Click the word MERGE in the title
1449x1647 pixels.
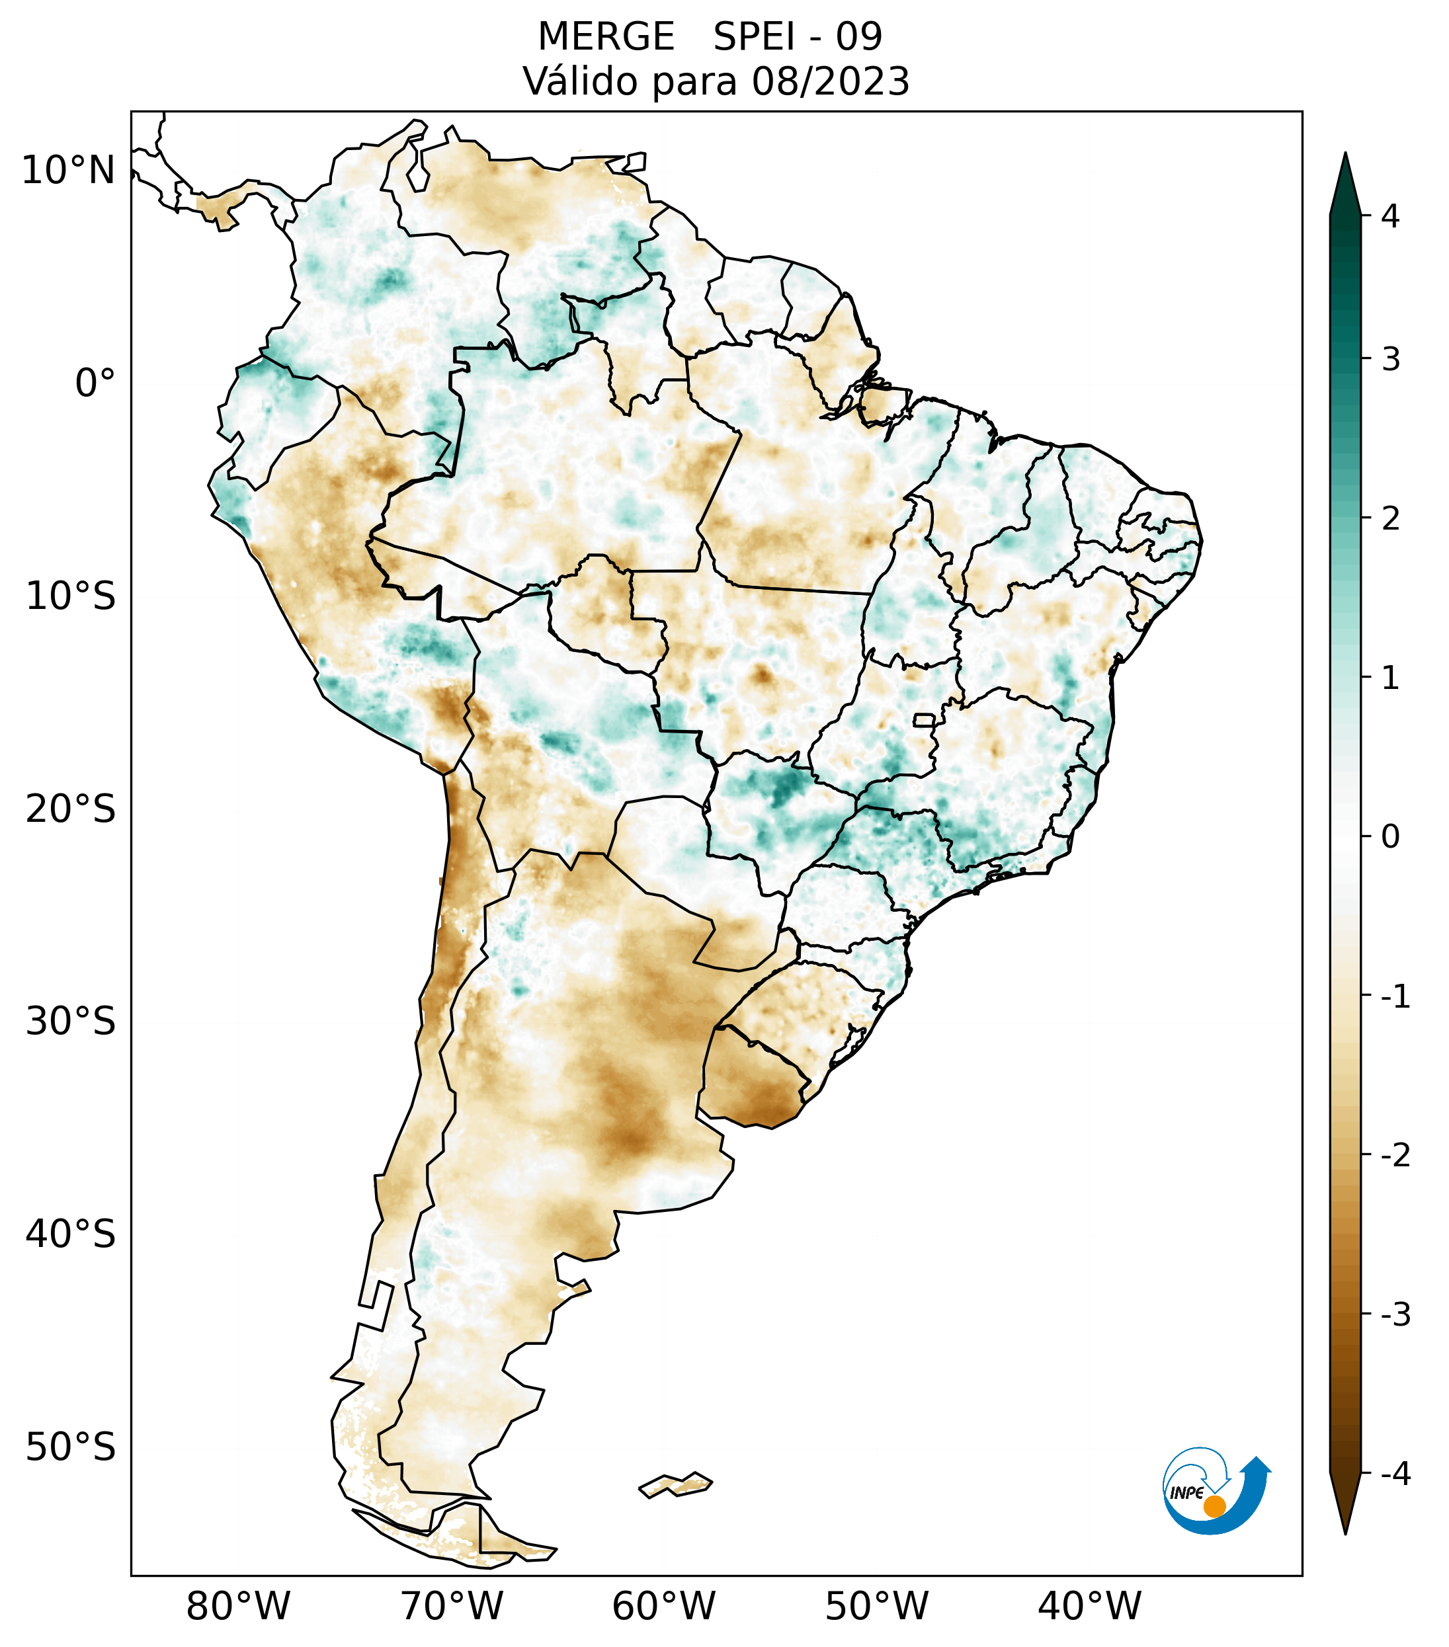coord(606,37)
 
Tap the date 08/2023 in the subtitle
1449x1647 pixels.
coord(830,81)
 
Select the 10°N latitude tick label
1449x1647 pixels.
coord(69,171)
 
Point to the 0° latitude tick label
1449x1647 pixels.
coord(95,383)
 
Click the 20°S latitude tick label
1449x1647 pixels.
coord(71,809)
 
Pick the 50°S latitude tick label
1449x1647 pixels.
coord(71,1448)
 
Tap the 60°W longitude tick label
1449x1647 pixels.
coord(663,1606)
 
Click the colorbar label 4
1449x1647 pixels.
coord(1390,216)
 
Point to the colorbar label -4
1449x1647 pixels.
coord(1395,1474)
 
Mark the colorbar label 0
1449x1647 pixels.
coord(1390,837)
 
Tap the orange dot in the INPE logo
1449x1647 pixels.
coord(1214,1506)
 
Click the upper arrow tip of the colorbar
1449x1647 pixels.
coord(1345,155)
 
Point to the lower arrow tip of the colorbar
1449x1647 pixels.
coord(1345,1533)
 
